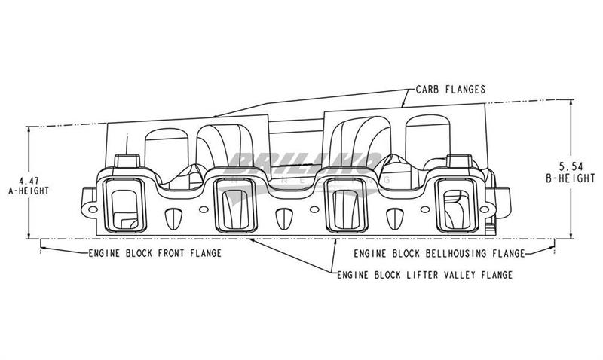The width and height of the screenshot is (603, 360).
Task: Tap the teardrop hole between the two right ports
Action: point(393,217)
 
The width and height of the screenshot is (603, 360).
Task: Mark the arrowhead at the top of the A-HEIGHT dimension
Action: point(29,129)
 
